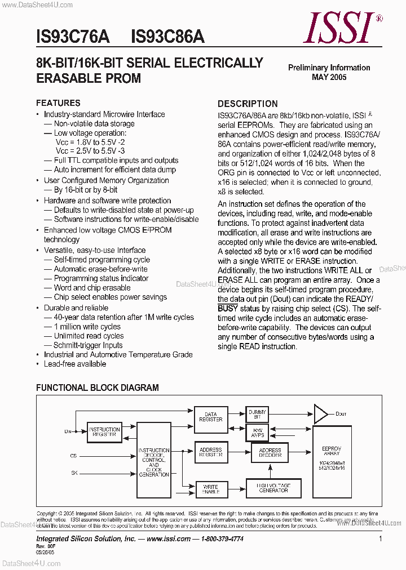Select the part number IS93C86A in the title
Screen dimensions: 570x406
click(167, 37)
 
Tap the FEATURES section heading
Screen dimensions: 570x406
click(58, 103)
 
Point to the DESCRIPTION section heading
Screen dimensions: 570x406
click(248, 104)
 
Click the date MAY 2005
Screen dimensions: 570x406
click(329, 77)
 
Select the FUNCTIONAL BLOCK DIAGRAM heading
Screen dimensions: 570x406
click(97, 388)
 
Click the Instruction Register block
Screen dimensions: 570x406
click(104, 432)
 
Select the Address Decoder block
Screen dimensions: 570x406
click(270, 453)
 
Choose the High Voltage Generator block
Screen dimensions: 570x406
click(273, 488)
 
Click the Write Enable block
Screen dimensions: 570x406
click(210, 489)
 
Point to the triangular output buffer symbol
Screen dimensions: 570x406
click(320, 414)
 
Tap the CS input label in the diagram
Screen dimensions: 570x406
click(73, 455)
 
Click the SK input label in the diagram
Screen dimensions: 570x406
click(73, 473)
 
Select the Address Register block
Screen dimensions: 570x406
click(210, 452)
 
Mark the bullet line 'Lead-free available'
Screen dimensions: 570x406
click(75, 364)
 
